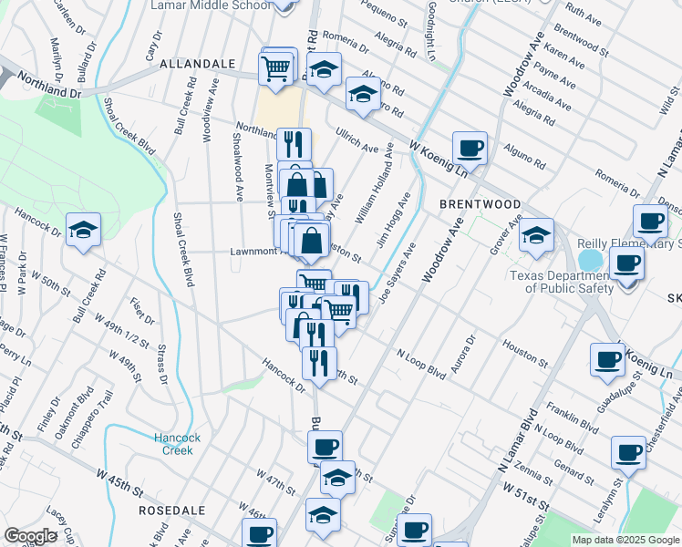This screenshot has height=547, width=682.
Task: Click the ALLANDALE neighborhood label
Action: [198, 66]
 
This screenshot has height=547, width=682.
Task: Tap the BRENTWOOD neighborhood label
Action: [480, 205]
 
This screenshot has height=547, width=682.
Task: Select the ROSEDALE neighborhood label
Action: [168, 511]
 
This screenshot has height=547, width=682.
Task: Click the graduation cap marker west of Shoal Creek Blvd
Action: [83, 230]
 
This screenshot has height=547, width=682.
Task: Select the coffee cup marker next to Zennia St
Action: [627, 451]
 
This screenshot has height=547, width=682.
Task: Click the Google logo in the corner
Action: [30, 536]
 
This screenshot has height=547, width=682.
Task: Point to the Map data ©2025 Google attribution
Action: [625, 540]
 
